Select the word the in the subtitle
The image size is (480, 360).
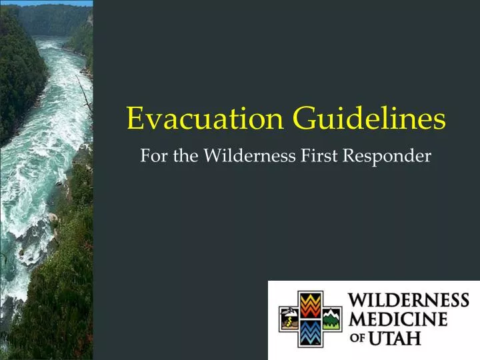[182, 156]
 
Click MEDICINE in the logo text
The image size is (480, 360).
[399, 320]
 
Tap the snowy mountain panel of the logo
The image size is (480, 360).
[331, 319]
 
